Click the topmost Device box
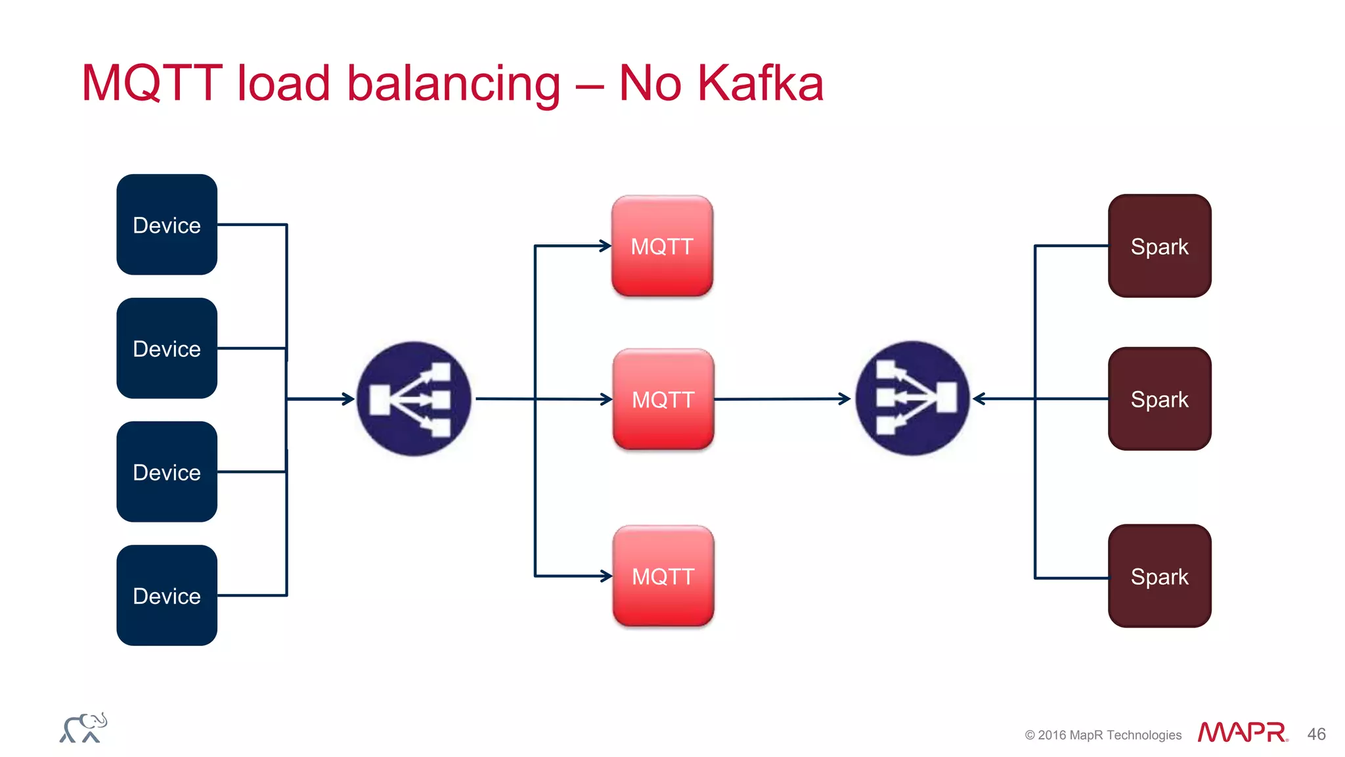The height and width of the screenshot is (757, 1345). (x=167, y=225)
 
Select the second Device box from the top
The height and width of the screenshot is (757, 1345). (x=167, y=348)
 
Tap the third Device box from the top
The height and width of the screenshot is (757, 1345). (x=167, y=472)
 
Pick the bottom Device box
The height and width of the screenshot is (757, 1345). (x=167, y=595)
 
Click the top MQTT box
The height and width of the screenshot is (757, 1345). (x=662, y=246)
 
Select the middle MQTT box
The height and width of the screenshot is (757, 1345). (x=663, y=399)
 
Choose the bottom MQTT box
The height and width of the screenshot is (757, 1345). (x=663, y=576)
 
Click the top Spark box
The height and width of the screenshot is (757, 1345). (x=1159, y=246)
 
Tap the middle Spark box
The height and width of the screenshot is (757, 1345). (x=1159, y=399)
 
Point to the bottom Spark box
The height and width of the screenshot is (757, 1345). (x=1159, y=576)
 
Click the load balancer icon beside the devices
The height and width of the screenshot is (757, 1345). (x=414, y=399)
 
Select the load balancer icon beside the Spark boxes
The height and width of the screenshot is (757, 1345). (x=913, y=398)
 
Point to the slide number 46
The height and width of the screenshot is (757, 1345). (x=1316, y=734)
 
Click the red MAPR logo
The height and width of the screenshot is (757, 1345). (x=1242, y=732)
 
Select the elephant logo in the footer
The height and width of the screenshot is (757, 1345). (x=83, y=728)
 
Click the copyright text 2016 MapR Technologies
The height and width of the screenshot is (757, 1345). (x=1103, y=735)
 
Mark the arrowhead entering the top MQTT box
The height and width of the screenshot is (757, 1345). (x=606, y=246)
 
